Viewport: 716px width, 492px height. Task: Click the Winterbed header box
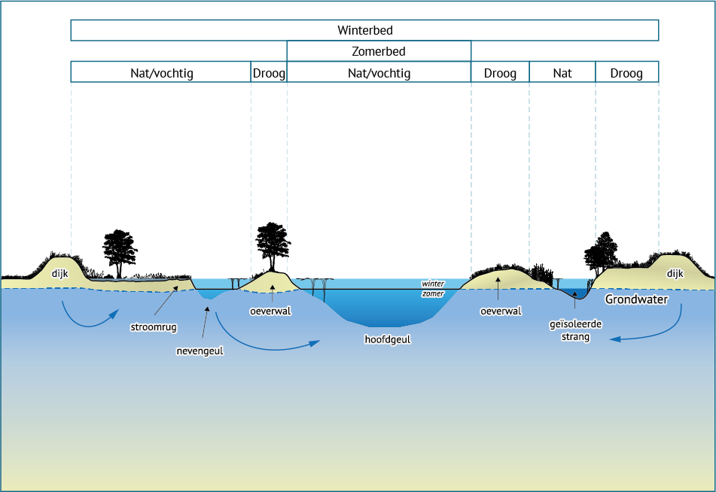[x=364, y=30]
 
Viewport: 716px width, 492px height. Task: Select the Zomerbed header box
[x=379, y=51]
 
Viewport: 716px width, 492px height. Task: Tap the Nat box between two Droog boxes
[x=562, y=72]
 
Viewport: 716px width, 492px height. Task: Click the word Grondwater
[x=636, y=299]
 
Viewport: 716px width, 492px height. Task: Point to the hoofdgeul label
[x=387, y=339]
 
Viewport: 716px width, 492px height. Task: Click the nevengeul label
[x=200, y=351]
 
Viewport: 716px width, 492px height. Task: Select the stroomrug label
[x=154, y=327]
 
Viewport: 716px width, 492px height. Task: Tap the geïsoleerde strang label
[x=575, y=330]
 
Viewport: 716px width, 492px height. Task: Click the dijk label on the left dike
[x=59, y=273]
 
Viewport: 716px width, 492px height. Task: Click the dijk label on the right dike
[x=675, y=273]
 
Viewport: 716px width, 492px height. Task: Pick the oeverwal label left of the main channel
[x=270, y=311]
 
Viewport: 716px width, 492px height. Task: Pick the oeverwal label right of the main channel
[x=501, y=311]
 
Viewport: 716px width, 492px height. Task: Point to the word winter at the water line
[x=433, y=284]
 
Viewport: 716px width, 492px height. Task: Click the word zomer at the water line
[x=433, y=293]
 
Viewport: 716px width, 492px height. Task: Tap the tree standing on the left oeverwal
[x=273, y=247]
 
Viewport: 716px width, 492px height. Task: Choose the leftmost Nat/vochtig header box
[x=161, y=72]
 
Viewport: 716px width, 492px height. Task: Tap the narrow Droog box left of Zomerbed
[x=269, y=72]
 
